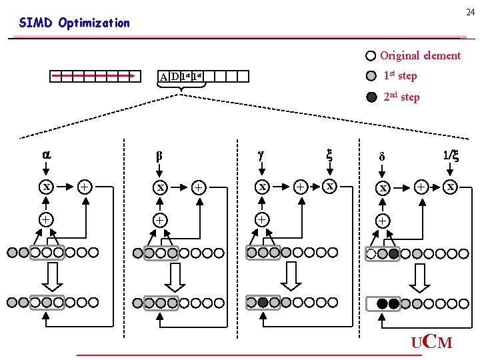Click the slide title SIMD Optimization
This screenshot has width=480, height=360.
[75, 23]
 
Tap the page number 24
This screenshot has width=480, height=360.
[471, 11]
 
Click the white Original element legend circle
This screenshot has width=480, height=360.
[371, 56]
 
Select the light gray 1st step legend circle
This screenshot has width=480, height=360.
[371, 76]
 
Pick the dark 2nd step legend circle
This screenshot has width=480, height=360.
[371, 97]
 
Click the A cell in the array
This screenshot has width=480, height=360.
[163, 77]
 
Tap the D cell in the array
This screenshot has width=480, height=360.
[174, 77]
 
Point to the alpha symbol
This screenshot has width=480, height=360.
[46, 154]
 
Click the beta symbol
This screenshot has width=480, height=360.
[159, 157]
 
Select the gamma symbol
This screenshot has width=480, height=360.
[262, 154]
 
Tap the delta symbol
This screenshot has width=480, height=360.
[382, 157]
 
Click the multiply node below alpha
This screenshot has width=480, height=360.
[47, 187]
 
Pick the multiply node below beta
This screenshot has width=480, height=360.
[160, 188]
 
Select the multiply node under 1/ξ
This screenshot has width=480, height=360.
[451, 187]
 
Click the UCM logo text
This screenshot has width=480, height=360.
[431, 343]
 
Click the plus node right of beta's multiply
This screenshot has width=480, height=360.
[199, 188]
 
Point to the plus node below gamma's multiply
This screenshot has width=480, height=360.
[263, 219]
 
